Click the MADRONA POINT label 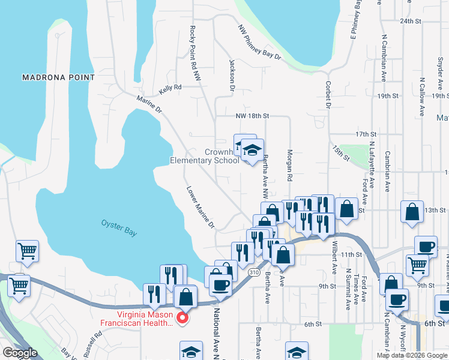[x=58, y=77]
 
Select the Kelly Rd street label [x=170, y=89]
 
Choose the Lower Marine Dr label [x=199, y=206]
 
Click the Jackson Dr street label [x=231, y=74]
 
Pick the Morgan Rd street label [x=289, y=166]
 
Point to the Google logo [x=20, y=353]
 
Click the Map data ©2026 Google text [x=412, y=355]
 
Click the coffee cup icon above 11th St [x=426, y=247]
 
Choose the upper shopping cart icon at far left [x=27, y=251]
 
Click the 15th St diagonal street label [x=340, y=152]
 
